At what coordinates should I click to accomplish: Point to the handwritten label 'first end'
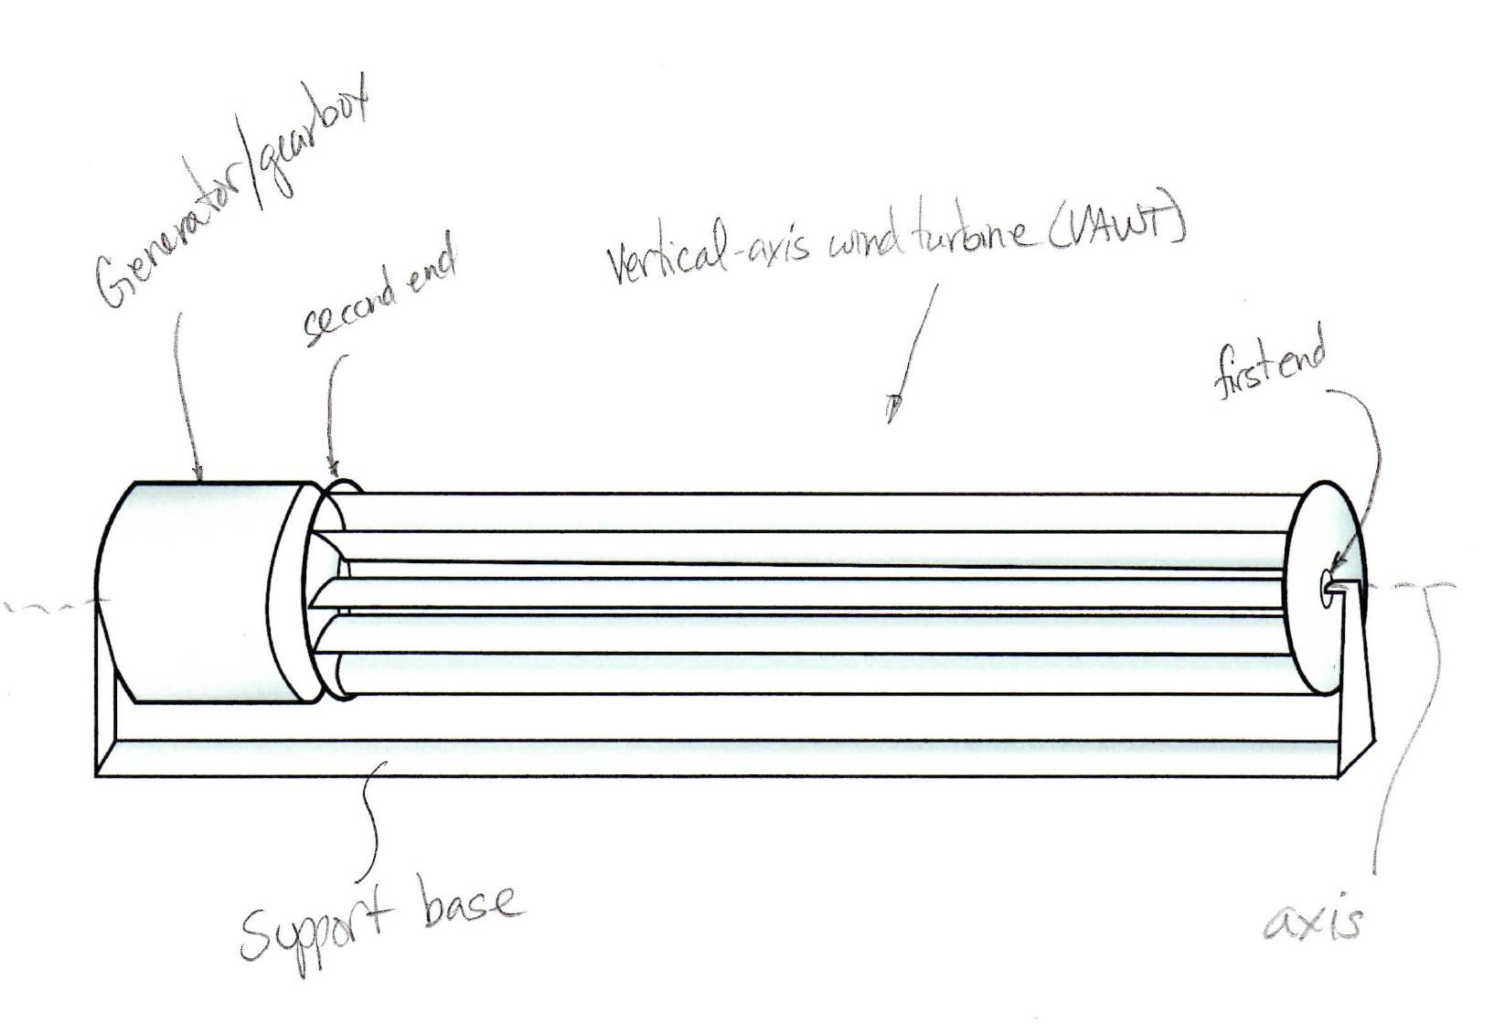(1269, 364)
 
